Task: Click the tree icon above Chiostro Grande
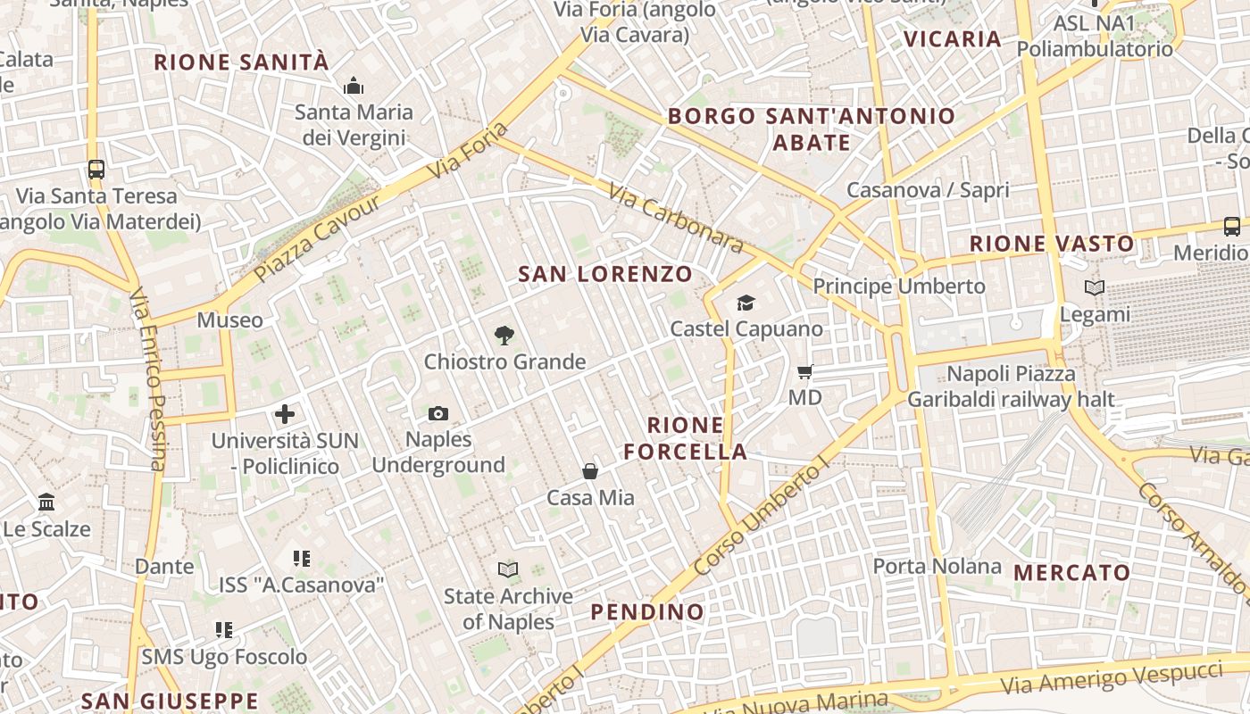coord(504,336)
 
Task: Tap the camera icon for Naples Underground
coord(438,413)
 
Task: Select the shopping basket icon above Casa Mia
coord(590,471)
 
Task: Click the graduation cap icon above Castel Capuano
coord(746,303)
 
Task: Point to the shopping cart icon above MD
coord(805,371)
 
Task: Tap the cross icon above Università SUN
coord(285,414)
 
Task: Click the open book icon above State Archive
coord(508,569)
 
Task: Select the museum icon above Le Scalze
coord(46,502)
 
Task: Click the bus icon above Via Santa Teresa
coord(96,169)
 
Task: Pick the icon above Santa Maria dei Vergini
coord(354,87)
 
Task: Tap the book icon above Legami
coord(1095,287)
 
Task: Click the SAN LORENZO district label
coord(605,274)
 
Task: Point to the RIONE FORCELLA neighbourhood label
coord(686,438)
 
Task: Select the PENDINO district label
coord(647,611)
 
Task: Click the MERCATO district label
coord(1072,572)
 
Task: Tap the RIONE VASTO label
coord(1052,243)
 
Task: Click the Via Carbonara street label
coord(676,219)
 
